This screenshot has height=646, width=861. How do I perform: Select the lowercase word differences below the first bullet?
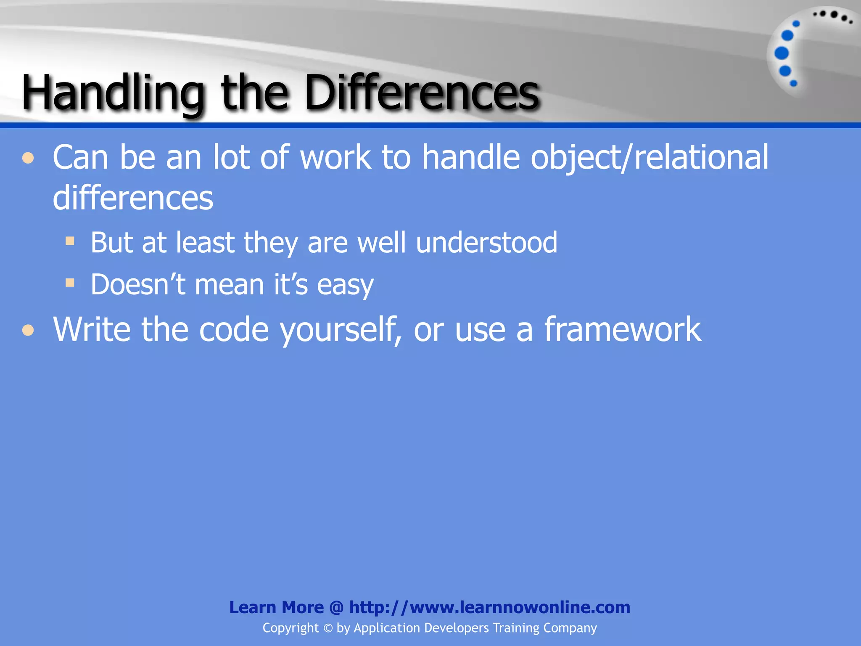[x=133, y=198]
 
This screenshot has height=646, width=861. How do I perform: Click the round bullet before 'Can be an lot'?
[x=28, y=159]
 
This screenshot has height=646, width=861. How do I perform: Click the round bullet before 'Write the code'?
[x=28, y=330]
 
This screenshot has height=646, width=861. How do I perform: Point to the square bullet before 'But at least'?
[x=70, y=241]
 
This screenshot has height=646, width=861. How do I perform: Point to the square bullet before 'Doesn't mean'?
[x=70, y=283]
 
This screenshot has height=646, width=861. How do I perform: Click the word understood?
[x=486, y=243]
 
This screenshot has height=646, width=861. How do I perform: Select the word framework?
[x=623, y=329]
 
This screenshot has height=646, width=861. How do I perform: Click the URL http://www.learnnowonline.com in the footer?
[x=490, y=607]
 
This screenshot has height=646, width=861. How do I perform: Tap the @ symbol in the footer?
[x=336, y=607]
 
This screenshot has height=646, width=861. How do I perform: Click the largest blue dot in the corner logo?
[x=782, y=53]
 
